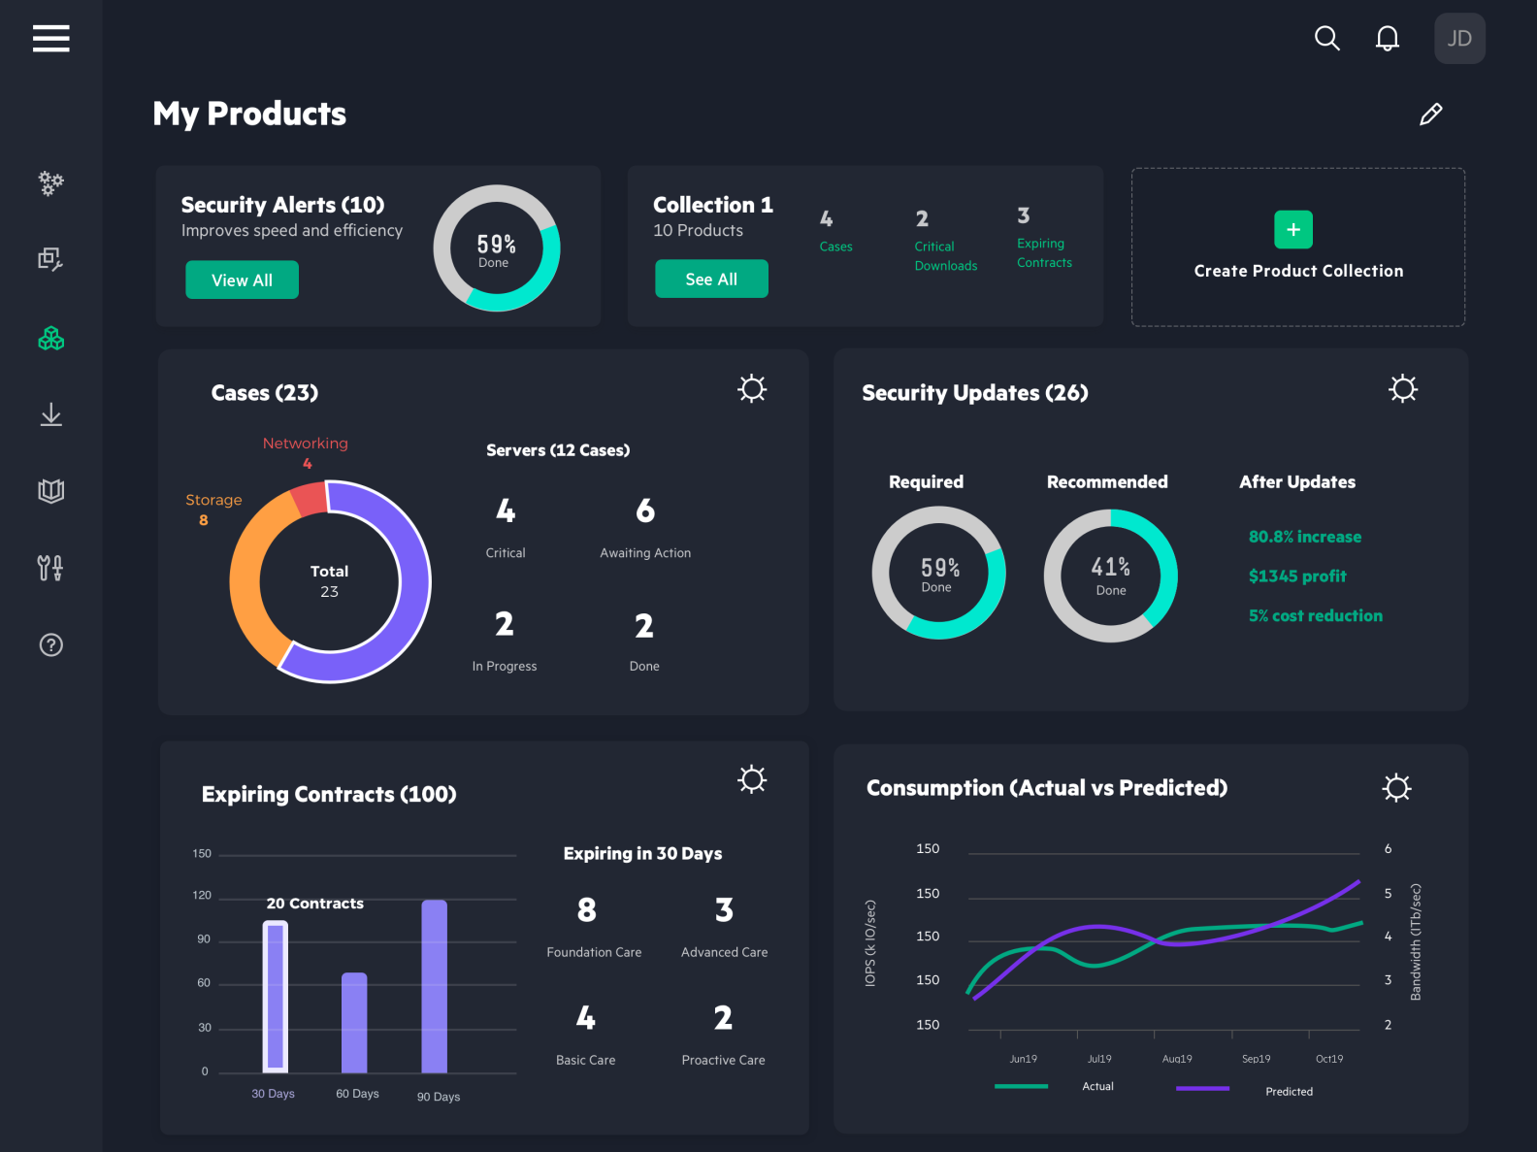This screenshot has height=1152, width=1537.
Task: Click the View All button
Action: point(242,280)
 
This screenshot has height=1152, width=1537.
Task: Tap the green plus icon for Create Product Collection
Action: point(1292,230)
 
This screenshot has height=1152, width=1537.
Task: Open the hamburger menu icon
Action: point(50,38)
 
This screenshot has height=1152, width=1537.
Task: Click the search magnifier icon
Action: point(1326,38)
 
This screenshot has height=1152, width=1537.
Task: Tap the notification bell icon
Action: point(1388,38)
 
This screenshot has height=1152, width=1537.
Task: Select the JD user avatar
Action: point(1459,38)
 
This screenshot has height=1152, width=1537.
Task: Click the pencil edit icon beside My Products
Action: point(1430,115)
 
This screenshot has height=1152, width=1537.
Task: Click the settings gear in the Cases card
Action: point(752,389)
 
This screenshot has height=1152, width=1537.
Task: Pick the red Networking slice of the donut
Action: point(310,499)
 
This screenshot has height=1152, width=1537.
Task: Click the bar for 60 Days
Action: point(354,1022)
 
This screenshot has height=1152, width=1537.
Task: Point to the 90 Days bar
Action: point(434,985)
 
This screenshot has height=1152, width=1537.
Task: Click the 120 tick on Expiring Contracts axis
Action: point(202,895)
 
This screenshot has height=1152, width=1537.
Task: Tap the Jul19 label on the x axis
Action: point(1099,1059)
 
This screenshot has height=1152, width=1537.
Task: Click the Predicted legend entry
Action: point(1289,1092)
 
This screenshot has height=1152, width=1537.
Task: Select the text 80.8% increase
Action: point(1304,537)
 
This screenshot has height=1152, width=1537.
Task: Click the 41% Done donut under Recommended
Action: point(1110,576)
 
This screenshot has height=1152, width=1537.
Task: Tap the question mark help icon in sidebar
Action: point(50,645)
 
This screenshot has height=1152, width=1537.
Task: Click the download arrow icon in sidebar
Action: point(50,415)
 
